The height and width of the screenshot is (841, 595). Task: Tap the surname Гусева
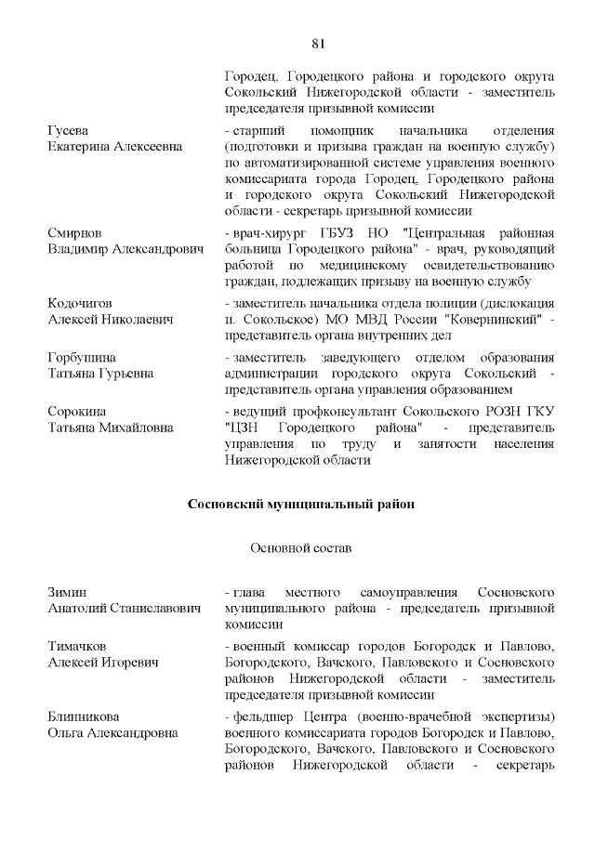tap(68, 131)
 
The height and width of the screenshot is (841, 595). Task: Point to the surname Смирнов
tap(74, 232)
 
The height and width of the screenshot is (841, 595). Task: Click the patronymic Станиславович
tap(156, 608)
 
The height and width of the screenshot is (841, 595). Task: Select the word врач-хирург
tap(268, 232)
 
